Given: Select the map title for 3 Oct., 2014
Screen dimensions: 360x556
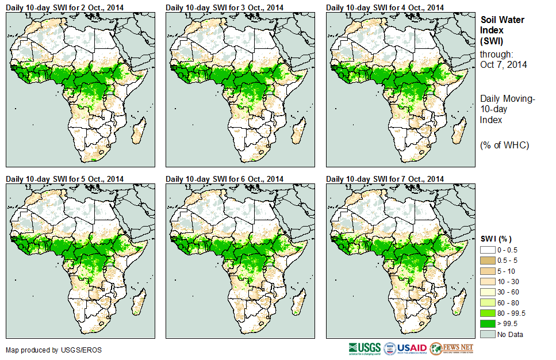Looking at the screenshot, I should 225,7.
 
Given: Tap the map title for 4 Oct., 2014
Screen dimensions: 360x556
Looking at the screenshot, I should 385,7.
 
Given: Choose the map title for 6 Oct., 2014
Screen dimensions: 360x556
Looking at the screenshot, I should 225,179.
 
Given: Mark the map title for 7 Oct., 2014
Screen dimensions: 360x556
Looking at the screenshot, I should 385,179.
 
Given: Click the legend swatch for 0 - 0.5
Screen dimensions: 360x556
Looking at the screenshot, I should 487,250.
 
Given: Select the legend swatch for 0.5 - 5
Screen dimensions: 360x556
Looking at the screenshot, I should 487,261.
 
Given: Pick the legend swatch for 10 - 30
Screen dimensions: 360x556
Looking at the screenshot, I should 487,282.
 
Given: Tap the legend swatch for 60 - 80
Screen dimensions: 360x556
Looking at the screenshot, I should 487,302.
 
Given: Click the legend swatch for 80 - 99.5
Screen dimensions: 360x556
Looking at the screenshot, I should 487,313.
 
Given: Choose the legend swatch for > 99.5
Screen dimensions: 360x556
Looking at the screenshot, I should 487,324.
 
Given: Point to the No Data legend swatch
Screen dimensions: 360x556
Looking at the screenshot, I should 487,334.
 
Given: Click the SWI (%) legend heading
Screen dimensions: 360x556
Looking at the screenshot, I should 496,239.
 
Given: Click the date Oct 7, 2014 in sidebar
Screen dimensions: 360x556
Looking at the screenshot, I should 504,64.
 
